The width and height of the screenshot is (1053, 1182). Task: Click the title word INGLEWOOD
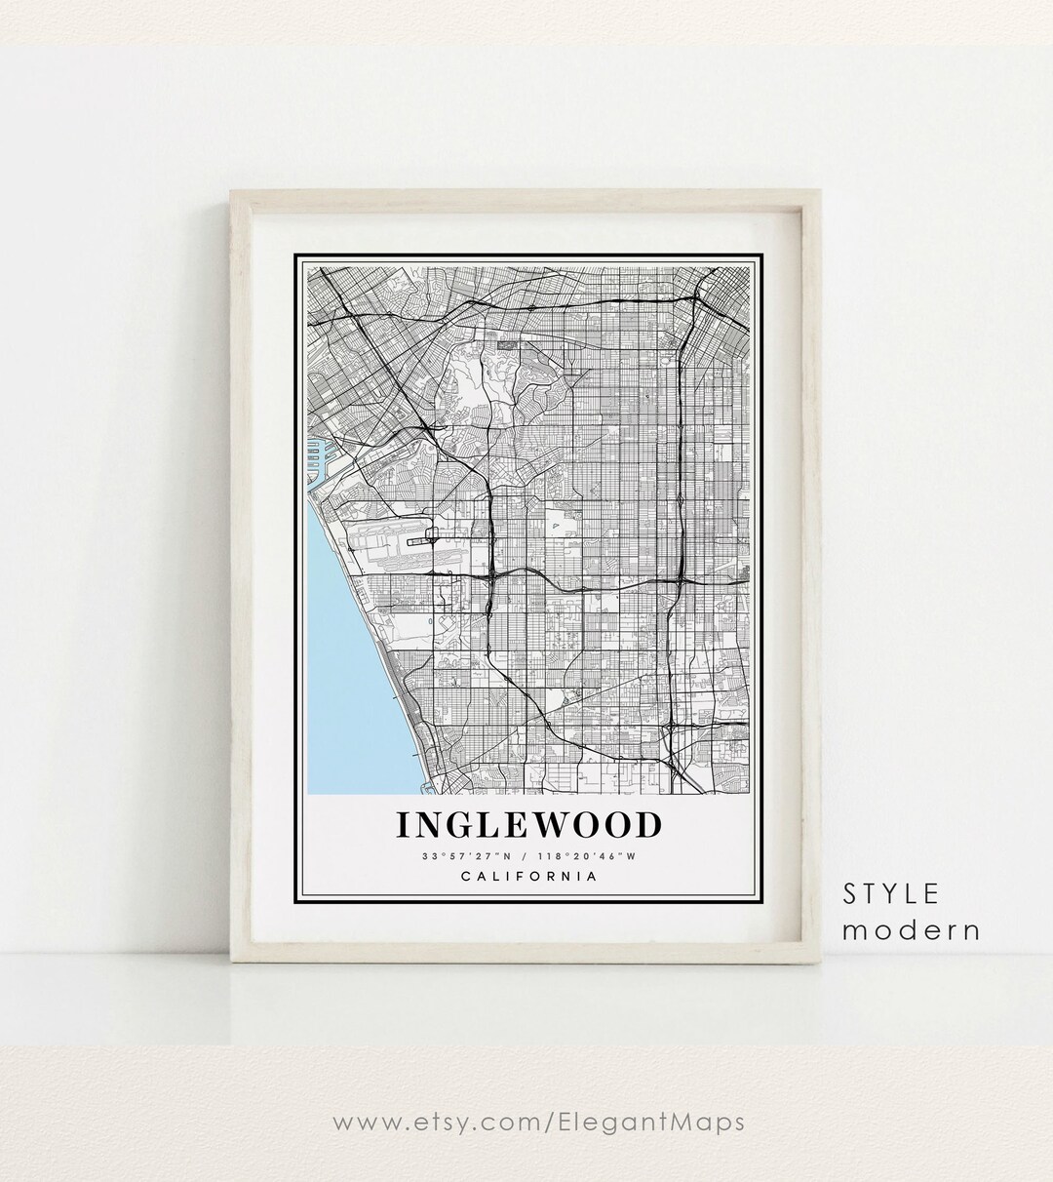[x=528, y=825]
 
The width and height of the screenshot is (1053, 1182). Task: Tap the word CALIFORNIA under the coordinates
[x=527, y=876]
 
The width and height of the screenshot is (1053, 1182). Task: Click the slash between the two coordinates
[x=527, y=856]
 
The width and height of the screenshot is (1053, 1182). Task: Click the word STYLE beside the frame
[x=891, y=893]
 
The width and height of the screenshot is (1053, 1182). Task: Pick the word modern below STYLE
[x=912, y=930]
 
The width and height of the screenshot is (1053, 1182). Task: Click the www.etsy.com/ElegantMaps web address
[x=539, y=1122]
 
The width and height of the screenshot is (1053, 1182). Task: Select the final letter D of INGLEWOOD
[x=647, y=825]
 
